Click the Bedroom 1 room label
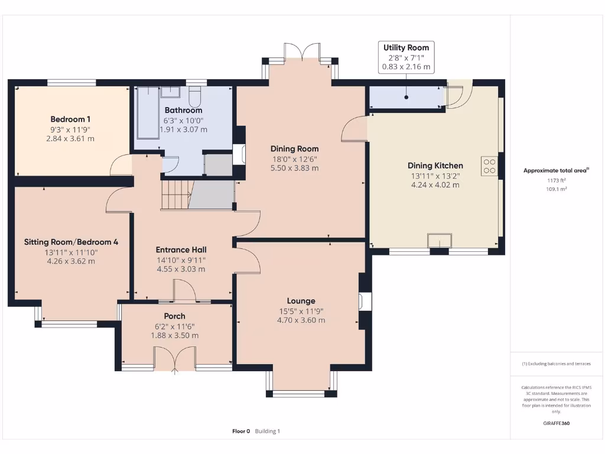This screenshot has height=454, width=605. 70,119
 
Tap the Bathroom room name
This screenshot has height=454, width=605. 183,110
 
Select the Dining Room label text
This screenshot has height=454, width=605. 294,149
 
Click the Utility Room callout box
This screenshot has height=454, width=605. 406,57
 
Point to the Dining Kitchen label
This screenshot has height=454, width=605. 435,166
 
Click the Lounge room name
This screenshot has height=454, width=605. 301,301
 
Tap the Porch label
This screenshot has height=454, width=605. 174,316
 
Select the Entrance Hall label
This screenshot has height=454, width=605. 181,249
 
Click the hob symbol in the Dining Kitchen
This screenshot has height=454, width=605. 489,166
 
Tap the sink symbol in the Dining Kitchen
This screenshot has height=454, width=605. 440,240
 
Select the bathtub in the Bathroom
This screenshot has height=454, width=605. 147,112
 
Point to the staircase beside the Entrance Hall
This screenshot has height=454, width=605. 176,194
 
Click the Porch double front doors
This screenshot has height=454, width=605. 174,361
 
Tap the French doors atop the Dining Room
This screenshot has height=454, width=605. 302,53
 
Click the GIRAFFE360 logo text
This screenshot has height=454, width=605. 556,423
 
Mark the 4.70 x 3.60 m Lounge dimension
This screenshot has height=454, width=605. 301,320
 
